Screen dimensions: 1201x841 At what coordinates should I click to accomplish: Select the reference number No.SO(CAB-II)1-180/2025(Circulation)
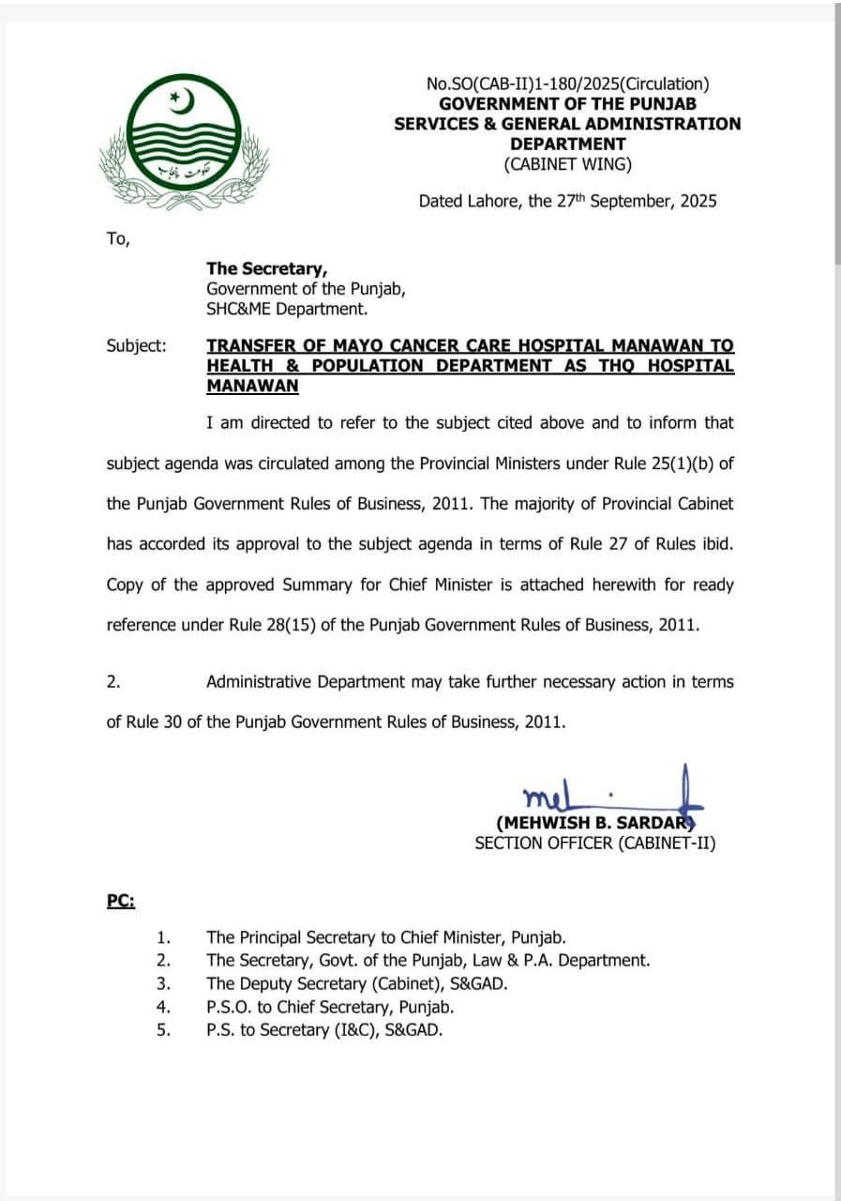(567, 84)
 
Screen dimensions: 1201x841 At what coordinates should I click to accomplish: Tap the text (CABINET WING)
(567, 164)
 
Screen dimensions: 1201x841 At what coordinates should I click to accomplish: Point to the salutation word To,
(118, 238)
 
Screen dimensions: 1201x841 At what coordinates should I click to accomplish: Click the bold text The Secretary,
(267, 268)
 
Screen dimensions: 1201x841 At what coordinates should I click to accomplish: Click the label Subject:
(137, 345)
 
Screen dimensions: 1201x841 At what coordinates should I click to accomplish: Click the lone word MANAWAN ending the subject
(252, 386)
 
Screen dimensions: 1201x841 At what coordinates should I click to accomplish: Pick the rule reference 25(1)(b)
(674, 463)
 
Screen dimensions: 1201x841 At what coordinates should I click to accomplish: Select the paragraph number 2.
(113, 682)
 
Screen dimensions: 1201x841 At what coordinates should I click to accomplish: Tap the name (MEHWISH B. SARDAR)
(594, 823)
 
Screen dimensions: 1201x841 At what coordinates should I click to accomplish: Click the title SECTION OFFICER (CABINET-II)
(594, 844)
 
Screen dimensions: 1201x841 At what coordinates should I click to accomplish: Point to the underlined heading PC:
(120, 901)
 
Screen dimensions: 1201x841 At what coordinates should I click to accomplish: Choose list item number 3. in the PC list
(163, 983)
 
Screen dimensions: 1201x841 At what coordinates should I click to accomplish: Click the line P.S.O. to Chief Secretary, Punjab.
(330, 1007)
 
